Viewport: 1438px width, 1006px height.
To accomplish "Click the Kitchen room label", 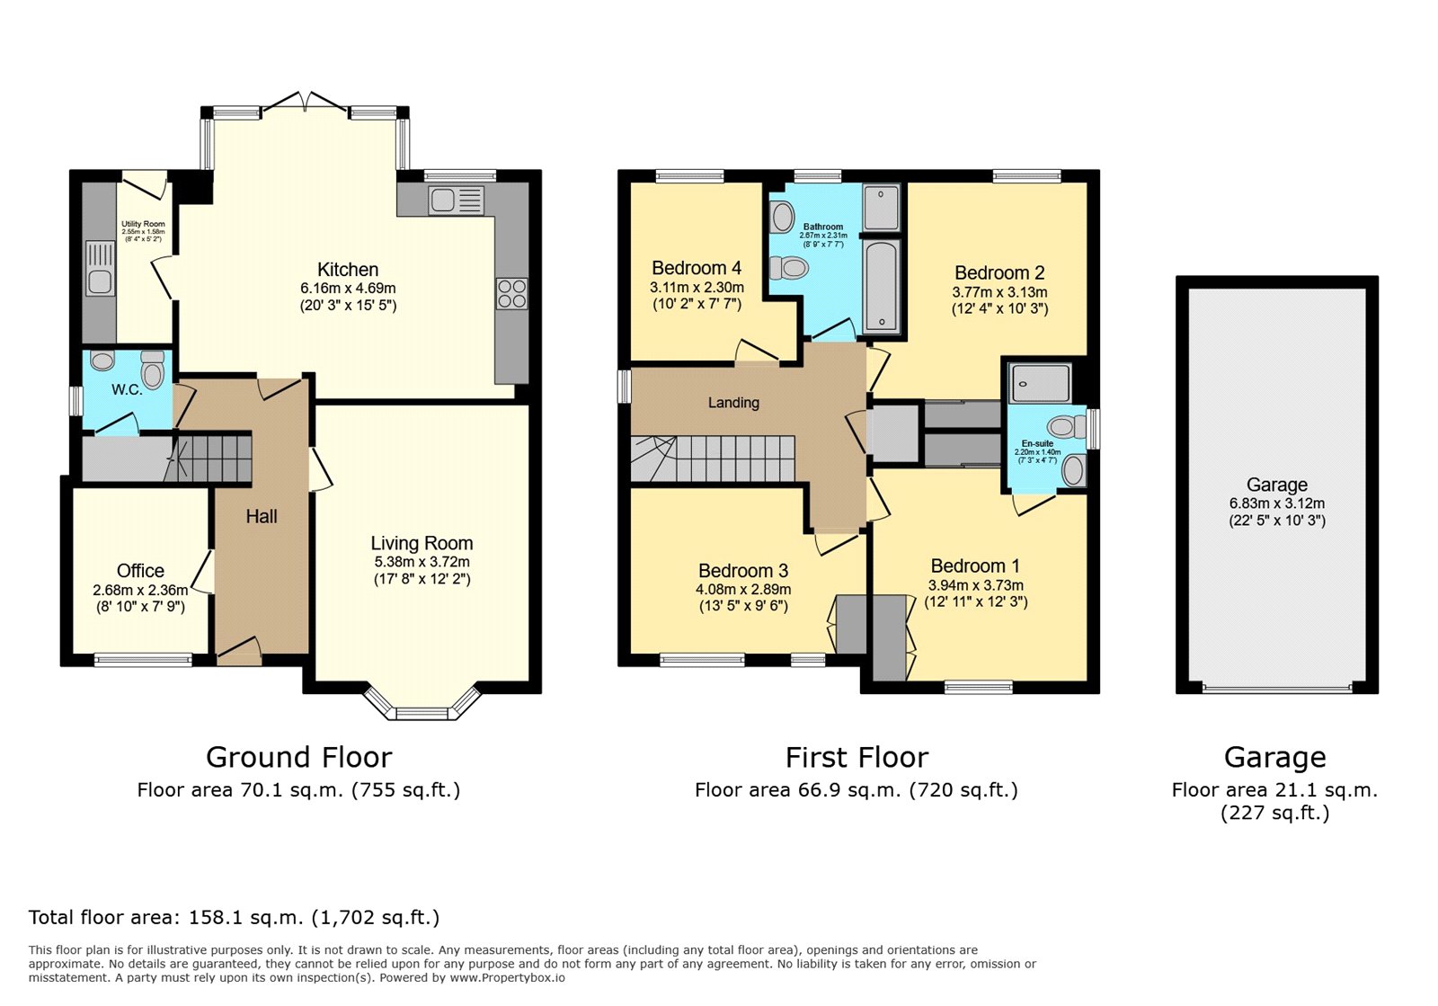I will tap(348, 270).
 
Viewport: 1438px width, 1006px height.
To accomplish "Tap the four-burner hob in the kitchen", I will tap(511, 294).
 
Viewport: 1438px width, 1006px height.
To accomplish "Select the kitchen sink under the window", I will tap(456, 200).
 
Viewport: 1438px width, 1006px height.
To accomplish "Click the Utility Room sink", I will tap(100, 269).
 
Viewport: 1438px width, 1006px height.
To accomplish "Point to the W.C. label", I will tap(127, 390).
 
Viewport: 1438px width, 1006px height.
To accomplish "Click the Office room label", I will tap(140, 571).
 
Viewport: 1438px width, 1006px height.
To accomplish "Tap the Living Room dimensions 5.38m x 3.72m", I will tap(422, 562).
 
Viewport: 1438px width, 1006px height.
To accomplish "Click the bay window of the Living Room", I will tap(422, 707).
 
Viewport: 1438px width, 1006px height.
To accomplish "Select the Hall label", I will tap(262, 517).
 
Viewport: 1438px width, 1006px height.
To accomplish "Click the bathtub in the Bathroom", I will tap(881, 285).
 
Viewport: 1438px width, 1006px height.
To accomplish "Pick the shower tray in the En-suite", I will tap(1039, 384).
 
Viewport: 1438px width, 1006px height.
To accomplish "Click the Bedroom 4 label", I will tap(697, 268).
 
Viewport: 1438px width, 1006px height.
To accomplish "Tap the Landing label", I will tap(733, 403).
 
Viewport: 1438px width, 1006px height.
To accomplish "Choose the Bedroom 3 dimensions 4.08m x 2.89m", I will tap(743, 590).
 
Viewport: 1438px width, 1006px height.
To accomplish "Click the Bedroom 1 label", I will tap(975, 566).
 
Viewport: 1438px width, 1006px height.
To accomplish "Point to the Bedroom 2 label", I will tap(999, 273).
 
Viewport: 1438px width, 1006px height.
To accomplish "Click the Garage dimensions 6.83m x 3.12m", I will tap(1276, 503).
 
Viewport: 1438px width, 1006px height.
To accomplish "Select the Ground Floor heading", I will tap(298, 758).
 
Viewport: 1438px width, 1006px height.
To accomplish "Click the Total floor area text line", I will tap(234, 918).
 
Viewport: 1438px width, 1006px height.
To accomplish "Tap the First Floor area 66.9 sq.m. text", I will tap(856, 790).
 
